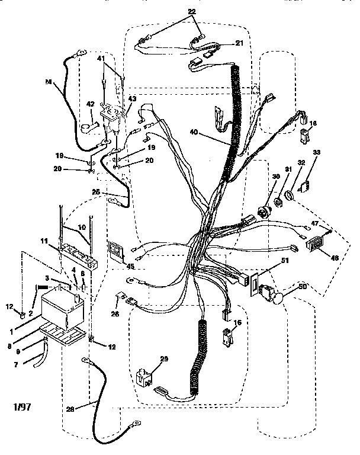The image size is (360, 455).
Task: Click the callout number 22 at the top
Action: pos(191,12)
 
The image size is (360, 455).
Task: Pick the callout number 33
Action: pos(316,153)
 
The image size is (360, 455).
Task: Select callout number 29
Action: pos(163,360)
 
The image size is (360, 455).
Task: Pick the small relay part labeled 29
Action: pos(143,377)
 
